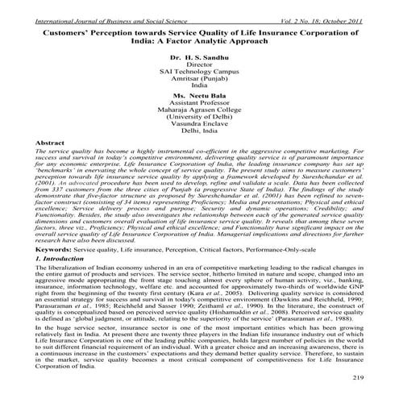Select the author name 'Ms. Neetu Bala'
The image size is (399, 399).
point(198,94)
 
